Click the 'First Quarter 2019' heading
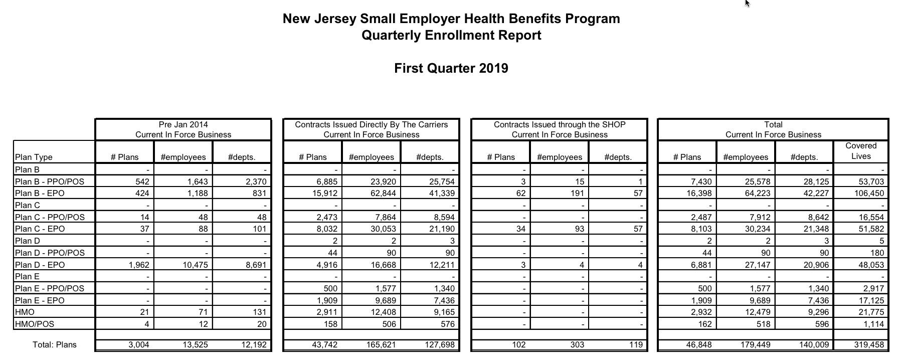coord(451,69)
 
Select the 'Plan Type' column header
coord(34,157)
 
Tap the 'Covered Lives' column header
coord(860,151)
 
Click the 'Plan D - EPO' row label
coord(40,265)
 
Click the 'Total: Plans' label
coord(54,344)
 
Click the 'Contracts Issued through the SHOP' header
coord(560,124)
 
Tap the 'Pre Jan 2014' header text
coord(183,124)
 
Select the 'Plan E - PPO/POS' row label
coord(50,288)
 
